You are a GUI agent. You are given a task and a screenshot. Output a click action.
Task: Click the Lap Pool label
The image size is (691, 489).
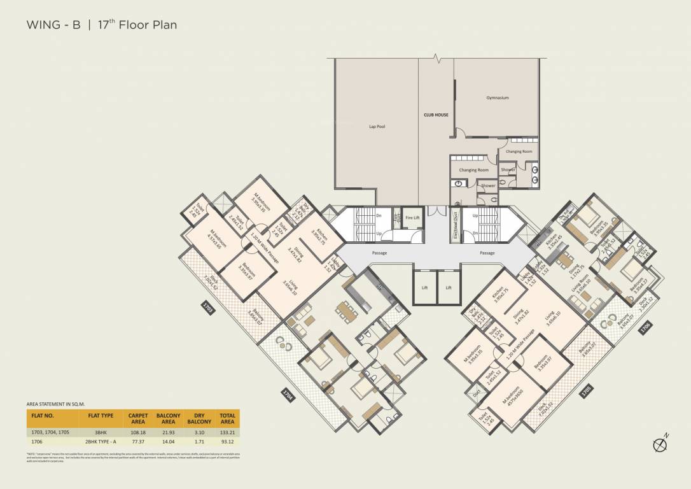(377, 127)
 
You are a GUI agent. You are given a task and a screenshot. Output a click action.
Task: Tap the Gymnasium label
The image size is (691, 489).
(497, 98)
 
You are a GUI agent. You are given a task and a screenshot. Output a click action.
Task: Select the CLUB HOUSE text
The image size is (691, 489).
(436, 115)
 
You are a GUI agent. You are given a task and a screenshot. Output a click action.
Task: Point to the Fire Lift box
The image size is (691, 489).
(412, 218)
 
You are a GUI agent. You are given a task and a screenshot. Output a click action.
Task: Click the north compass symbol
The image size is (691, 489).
(660, 445)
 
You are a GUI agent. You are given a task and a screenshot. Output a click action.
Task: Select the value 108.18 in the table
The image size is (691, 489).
(138, 432)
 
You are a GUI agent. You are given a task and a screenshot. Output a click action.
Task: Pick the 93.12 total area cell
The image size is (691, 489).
(227, 441)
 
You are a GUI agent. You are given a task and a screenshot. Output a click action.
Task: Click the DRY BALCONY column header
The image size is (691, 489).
(199, 418)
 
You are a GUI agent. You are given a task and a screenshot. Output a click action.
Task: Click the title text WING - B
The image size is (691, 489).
(53, 25)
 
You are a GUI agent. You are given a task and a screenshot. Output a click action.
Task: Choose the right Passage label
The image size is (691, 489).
(487, 253)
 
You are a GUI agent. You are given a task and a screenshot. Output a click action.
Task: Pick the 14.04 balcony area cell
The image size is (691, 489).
(168, 441)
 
